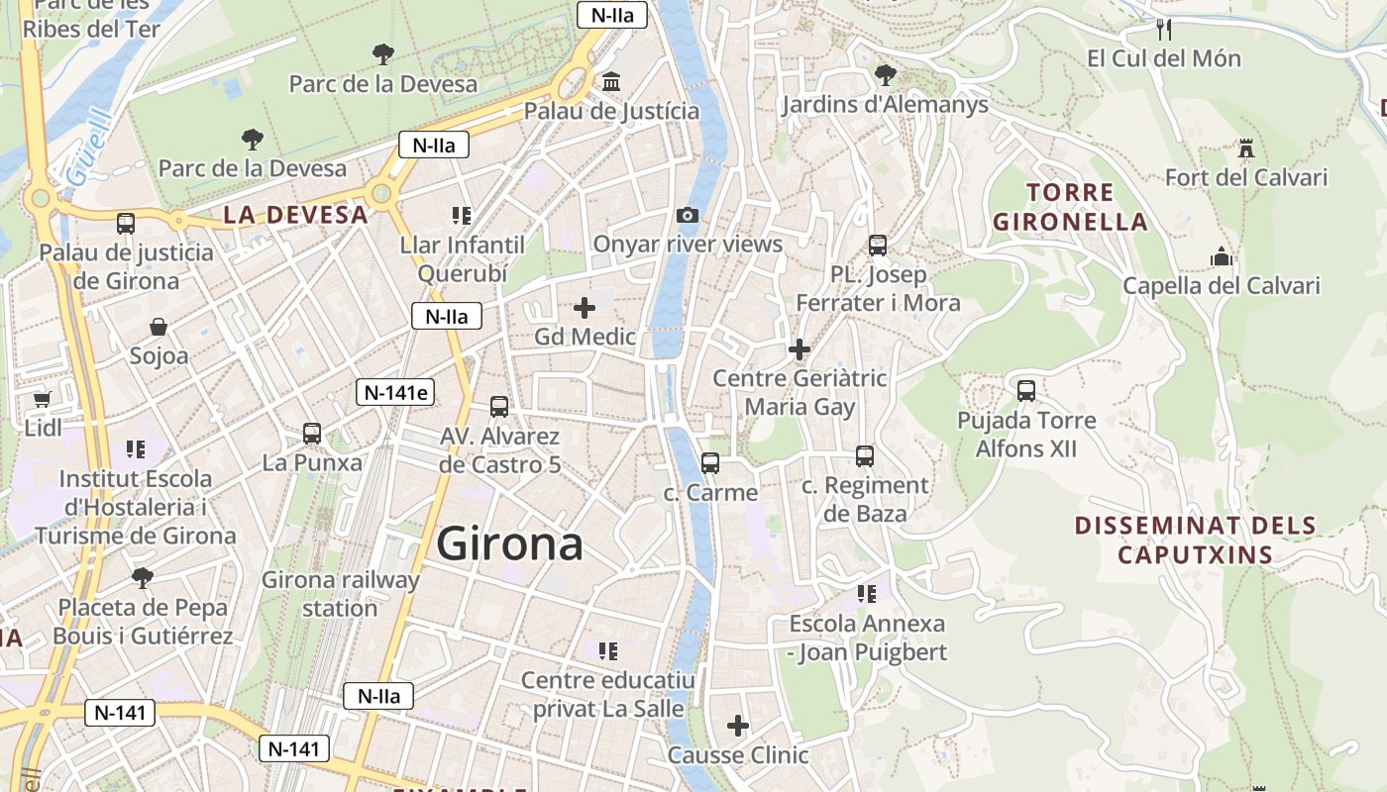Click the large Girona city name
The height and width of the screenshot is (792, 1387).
[x=509, y=544]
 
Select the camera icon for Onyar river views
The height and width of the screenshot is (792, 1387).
[x=687, y=215]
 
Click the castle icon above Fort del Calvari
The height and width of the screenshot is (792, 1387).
[x=1246, y=149]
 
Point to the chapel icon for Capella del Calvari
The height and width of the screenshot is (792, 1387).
[x=1222, y=257]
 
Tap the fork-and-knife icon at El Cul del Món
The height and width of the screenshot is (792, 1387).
[x=1164, y=29]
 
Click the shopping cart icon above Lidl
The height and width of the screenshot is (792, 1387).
[x=42, y=399]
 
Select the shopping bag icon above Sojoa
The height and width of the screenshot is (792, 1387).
[x=158, y=327]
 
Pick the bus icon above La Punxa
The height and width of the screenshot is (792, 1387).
[x=312, y=434]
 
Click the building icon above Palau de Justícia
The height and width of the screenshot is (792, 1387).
[x=611, y=82]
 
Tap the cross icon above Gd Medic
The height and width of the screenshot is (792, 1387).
[x=585, y=308]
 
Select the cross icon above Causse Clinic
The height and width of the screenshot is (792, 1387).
[x=738, y=726]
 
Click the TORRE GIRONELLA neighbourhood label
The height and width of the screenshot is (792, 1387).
[x=1070, y=207]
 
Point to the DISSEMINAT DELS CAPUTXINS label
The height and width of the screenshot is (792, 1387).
[x=1195, y=540]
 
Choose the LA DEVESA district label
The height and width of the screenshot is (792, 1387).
[x=295, y=215]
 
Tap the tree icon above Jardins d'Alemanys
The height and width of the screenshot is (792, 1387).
[x=885, y=75]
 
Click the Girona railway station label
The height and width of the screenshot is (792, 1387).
[x=340, y=593]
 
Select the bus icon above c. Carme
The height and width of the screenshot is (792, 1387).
[x=710, y=463]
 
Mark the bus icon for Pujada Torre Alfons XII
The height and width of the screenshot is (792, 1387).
[x=1026, y=391]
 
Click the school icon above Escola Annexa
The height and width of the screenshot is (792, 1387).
[x=867, y=594]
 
